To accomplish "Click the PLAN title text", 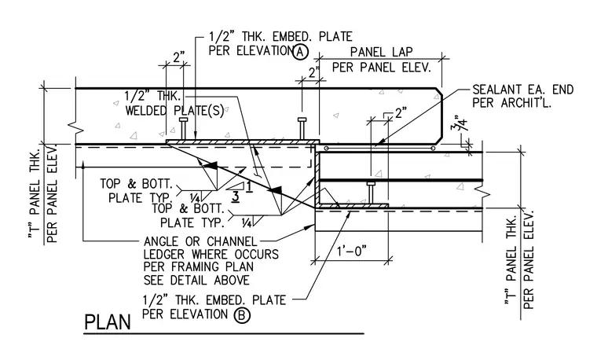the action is [x=107, y=322].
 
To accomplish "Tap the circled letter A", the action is [x=300, y=51].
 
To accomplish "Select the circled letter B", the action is [x=242, y=315].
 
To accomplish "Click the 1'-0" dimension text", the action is [x=351, y=252].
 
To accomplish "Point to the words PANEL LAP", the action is [x=381, y=51].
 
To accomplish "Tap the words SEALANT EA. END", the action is [x=522, y=90].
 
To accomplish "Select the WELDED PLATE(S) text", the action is [x=174, y=111].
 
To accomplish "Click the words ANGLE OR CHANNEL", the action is [x=200, y=241].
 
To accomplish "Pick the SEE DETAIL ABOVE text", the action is [x=196, y=281].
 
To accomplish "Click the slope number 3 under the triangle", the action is [x=236, y=197].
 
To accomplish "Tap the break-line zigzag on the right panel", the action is [x=483, y=193].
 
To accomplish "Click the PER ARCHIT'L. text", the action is [x=511, y=103].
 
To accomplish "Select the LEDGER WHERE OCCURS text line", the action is [x=211, y=254].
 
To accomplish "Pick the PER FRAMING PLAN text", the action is [x=199, y=266].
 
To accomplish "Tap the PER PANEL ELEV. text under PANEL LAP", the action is [x=381, y=68].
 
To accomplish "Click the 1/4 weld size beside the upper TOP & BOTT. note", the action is [x=195, y=197].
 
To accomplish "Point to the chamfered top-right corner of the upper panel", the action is [x=438, y=92].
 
